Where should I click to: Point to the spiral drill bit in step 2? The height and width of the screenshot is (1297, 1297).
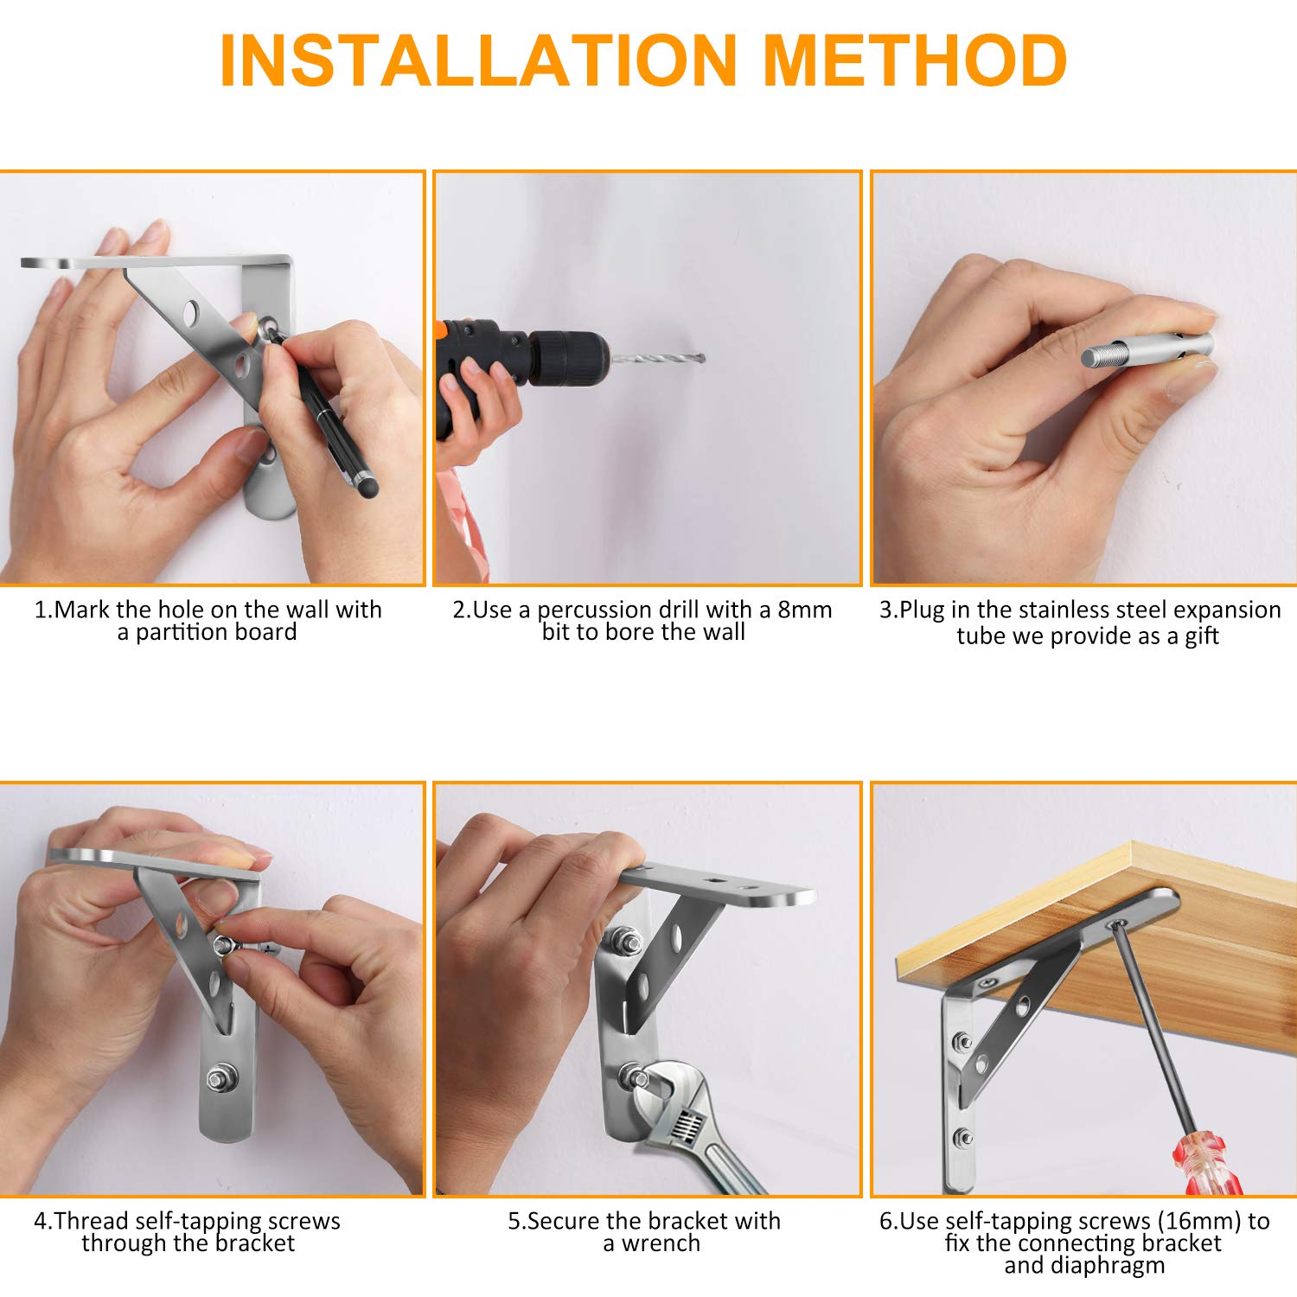click(x=657, y=358)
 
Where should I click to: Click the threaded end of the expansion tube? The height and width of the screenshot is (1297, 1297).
click(x=1101, y=356)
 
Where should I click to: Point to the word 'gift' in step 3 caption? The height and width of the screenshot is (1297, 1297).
click(x=1200, y=636)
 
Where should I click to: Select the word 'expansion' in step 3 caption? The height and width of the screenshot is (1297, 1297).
click(x=1227, y=610)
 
